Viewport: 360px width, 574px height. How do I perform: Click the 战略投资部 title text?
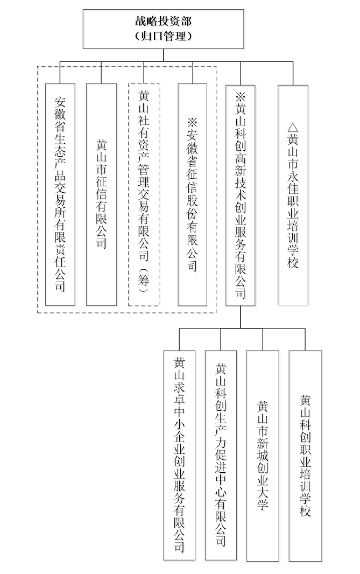[163, 21]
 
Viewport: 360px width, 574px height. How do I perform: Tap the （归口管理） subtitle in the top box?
[163, 36]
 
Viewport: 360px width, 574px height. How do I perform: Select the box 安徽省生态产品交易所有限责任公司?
[60, 194]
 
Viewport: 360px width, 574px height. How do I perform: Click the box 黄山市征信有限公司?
[101, 194]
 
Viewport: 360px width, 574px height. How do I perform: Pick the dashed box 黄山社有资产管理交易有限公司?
[144, 194]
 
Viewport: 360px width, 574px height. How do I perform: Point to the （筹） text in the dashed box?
[144, 279]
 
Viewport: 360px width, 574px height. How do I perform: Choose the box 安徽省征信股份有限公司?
[193, 194]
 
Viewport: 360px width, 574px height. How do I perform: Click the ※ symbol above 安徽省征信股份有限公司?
[193, 122]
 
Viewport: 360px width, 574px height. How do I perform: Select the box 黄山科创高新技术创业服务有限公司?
[241, 195]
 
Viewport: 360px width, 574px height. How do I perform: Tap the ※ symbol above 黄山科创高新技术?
[241, 97]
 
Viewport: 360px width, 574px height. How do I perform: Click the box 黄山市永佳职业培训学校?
[293, 195]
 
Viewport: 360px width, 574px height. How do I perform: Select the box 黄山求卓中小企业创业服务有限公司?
[179, 456]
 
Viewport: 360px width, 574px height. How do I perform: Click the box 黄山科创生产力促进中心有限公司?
[221, 456]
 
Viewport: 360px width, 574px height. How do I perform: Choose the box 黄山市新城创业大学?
[263, 456]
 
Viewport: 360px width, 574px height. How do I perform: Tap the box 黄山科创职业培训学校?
[306, 456]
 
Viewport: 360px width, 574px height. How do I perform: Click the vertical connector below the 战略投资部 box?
[163, 55]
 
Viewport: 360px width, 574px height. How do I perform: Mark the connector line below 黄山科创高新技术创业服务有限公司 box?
[241, 317]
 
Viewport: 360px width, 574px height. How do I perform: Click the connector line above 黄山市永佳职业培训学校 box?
[293, 73]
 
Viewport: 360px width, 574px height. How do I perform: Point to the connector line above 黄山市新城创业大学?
[263, 339]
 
